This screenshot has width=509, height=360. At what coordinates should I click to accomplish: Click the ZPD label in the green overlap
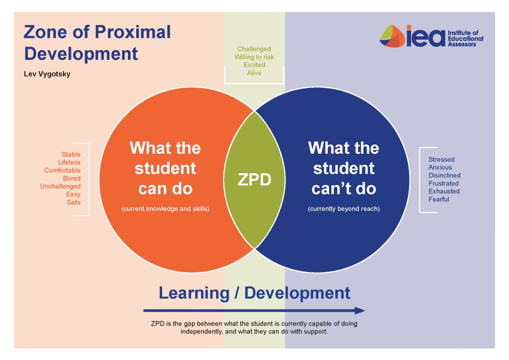[x=254, y=179]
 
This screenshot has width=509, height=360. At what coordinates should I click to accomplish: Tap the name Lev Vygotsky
[x=47, y=74]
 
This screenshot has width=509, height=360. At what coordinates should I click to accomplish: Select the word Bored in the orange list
[x=71, y=178]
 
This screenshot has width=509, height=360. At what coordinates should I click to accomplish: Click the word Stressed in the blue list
[x=441, y=159]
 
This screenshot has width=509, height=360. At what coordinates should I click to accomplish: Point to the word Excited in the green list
[x=254, y=65]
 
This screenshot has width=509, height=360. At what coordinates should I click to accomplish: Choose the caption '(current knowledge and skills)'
[x=165, y=209]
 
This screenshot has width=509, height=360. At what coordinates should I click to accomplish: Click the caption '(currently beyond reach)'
[x=344, y=209]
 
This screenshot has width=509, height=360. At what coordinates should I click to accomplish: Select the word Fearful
[x=438, y=199]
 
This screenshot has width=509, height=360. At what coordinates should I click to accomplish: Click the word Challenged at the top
[x=254, y=49]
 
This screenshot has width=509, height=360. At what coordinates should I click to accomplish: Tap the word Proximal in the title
[x=134, y=32]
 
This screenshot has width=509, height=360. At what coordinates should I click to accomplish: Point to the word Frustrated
[x=443, y=183]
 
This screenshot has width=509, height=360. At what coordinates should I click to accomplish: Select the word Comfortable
[x=62, y=170]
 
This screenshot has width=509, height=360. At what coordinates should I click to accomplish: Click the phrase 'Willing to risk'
[x=254, y=57]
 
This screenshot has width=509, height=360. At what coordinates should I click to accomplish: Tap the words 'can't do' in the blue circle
[x=343, y=188]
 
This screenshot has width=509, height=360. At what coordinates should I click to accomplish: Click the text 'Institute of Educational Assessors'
[x=465, y=38]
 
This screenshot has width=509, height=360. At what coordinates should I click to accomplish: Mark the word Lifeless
[x=69, y=162]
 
